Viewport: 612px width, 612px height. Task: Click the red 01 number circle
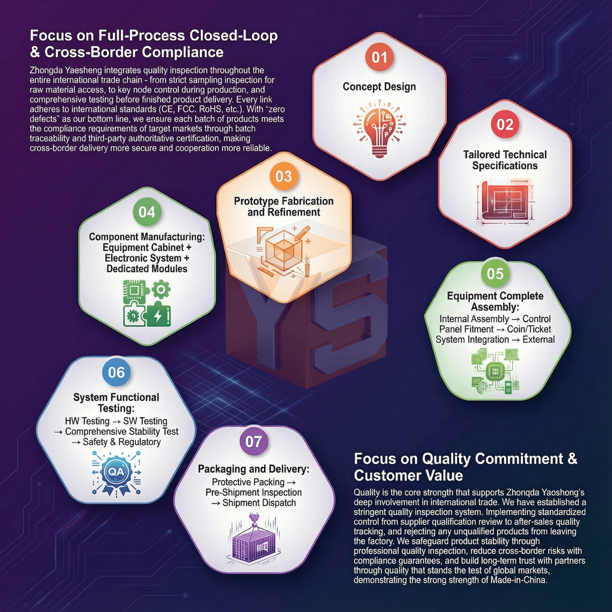point(380,57)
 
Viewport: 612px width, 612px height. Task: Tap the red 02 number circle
point(504,125)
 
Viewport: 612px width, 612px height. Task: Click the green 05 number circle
point(495,273)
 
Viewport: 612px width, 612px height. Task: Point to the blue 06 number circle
point(116,373)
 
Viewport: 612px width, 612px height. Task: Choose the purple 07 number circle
point(253,442)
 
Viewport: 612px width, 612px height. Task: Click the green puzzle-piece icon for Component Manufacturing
point(146,303)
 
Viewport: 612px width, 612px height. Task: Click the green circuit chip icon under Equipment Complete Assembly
point(495,373)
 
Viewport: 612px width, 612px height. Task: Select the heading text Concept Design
point(379,87)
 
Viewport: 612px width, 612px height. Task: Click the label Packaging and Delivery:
point(254,469)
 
